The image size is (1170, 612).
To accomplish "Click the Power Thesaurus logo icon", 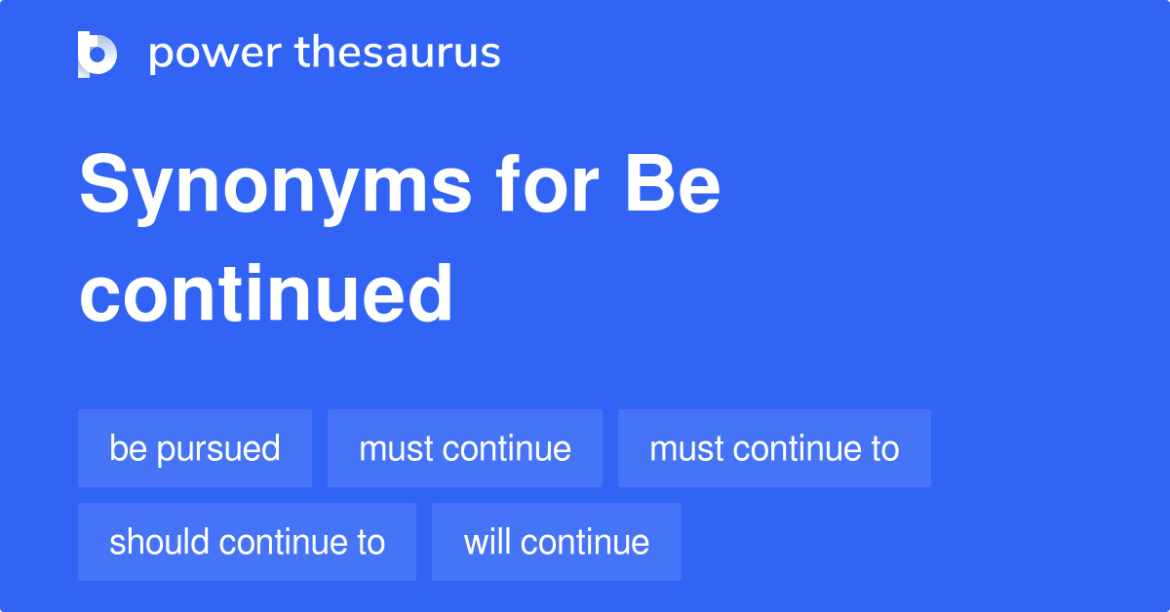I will (x=97, y=54).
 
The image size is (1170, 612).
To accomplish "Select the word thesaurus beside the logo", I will (x=398, y=54).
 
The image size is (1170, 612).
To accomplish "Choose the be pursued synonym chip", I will (x=195, y=448).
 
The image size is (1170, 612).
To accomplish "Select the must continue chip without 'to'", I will (x=465, y=448).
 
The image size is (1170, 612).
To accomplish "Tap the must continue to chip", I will (x=774, y=448).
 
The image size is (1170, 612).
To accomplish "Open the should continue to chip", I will (x=247, y=542).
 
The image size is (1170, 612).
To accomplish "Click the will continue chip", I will (x=557, y=542).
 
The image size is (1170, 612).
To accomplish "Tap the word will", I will (x=485, y=542).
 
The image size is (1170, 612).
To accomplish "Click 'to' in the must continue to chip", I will (x=885, y=449).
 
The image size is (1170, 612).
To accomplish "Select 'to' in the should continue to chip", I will (x=370, y=543).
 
